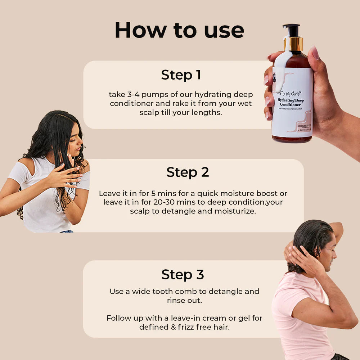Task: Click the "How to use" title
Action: pyautogui.click(x=179, y=31)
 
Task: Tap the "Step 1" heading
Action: pyautogui.click(x=181, y=75)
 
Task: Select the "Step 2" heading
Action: pyautogui.click(x=187, y=172)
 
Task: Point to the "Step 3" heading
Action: pyautogui.click(x=183, y=274)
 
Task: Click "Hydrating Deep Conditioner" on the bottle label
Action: pyautogui.click(x=292, y=103)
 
